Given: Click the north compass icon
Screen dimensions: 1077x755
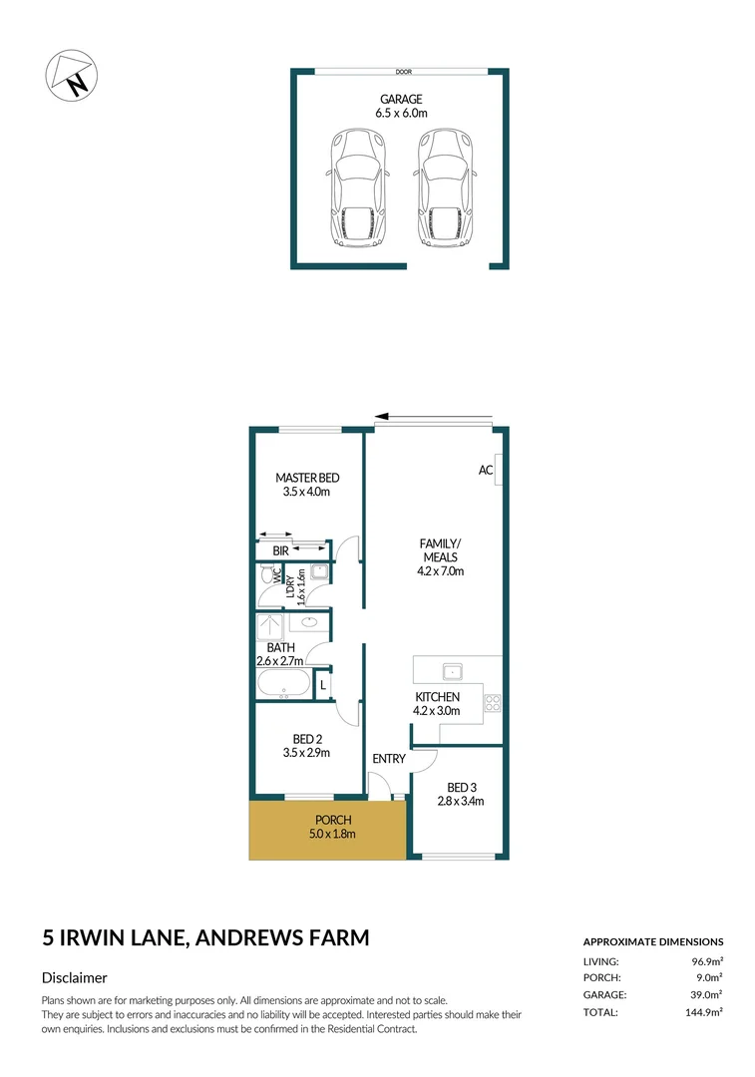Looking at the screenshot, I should click(71, 73).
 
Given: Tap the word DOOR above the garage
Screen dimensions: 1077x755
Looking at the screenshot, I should click(403, 72).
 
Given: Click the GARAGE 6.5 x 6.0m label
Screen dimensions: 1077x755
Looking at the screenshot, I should click(401, 107).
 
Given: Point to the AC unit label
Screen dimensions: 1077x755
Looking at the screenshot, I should click(486, 470).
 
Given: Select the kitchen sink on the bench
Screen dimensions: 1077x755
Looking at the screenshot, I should click(451, 669).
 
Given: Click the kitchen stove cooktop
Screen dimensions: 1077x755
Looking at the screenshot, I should click(492, 702).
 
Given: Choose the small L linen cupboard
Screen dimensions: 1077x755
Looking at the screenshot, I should click(322, 686).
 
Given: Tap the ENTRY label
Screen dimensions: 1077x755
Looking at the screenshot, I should click(388, 759).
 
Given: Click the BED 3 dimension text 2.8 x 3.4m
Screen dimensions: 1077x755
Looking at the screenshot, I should click(459, 801).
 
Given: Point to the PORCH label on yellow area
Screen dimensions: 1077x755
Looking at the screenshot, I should click(328, 821).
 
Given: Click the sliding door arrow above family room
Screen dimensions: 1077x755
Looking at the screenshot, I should click(434, 418).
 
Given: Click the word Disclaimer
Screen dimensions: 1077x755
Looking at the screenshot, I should click(75, 978).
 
